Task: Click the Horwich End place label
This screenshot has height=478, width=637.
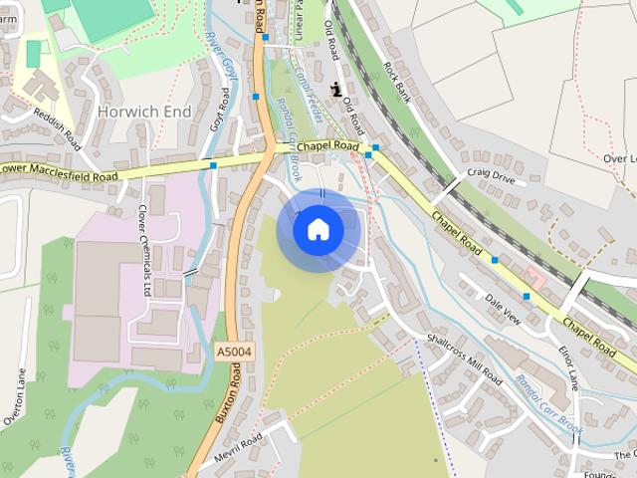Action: (x=144, y=112)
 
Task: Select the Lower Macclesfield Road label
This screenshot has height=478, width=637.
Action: (x=60, y=172)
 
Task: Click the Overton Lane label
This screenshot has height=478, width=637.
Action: (x=19, y=397)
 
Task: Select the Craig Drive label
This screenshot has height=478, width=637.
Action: (x=491, y=174)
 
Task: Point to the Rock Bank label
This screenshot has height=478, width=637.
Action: (x=396, y=85)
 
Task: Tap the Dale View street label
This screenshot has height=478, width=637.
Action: (x=503, y=308)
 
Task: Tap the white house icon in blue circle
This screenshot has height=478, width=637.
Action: (x=318, y=230)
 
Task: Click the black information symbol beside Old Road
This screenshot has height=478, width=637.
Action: (x=336, y=88)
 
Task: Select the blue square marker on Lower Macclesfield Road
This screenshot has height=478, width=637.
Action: (x=213, y=165)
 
